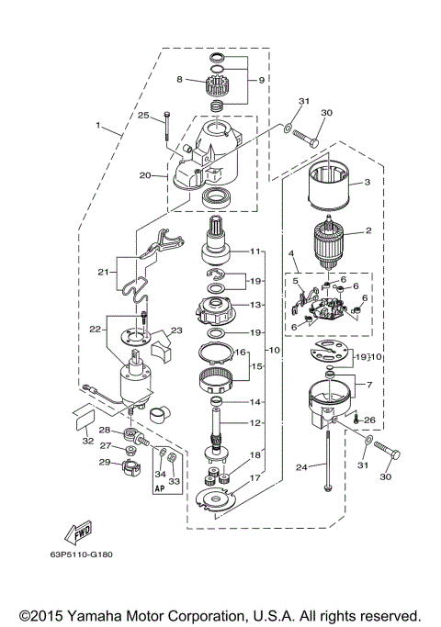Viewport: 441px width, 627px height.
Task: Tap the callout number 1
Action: click(96, 125)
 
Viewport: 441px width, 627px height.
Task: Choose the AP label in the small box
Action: click(161, 490)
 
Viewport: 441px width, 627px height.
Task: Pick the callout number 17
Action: click(254, 477)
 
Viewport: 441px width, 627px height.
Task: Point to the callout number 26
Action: click(369, 420)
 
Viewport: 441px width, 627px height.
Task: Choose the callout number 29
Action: click(104, 462)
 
